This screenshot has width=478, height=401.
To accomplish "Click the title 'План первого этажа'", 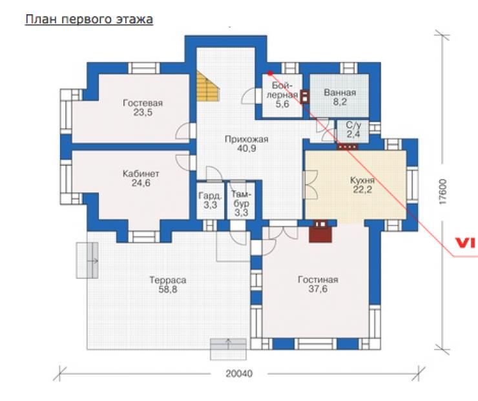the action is click(89, 19).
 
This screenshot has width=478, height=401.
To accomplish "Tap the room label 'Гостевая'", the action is click(143, 103).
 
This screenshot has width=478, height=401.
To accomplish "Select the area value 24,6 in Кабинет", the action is click(141, 183).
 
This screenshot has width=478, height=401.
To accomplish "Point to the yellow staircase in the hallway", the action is click(208, 86).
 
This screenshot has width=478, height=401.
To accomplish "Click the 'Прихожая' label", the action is click(246, 139).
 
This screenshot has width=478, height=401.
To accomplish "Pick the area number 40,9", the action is click(246, 149).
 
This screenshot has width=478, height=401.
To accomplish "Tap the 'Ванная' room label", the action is click(340, 92).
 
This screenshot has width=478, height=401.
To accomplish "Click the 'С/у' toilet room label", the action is click(353, 125).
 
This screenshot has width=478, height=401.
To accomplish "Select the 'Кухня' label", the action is click(362, 180).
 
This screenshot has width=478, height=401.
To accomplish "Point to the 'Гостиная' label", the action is click(318, 280).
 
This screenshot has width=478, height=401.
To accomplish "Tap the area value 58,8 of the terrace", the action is click(168, 289).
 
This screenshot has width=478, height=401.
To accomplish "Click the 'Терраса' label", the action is click(168, 280).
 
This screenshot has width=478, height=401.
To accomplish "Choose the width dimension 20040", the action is click(239, 374).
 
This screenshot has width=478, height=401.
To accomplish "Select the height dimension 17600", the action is click(443, 192).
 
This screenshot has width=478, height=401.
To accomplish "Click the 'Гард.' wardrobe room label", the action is click(210, 196).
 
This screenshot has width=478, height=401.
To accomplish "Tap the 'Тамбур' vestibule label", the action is click(241, 199).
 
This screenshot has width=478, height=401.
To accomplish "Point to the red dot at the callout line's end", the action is click(270, 73).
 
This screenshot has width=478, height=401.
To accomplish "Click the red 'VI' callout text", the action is click(466, 243).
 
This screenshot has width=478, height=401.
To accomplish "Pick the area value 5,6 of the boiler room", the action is click(282, 104).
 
